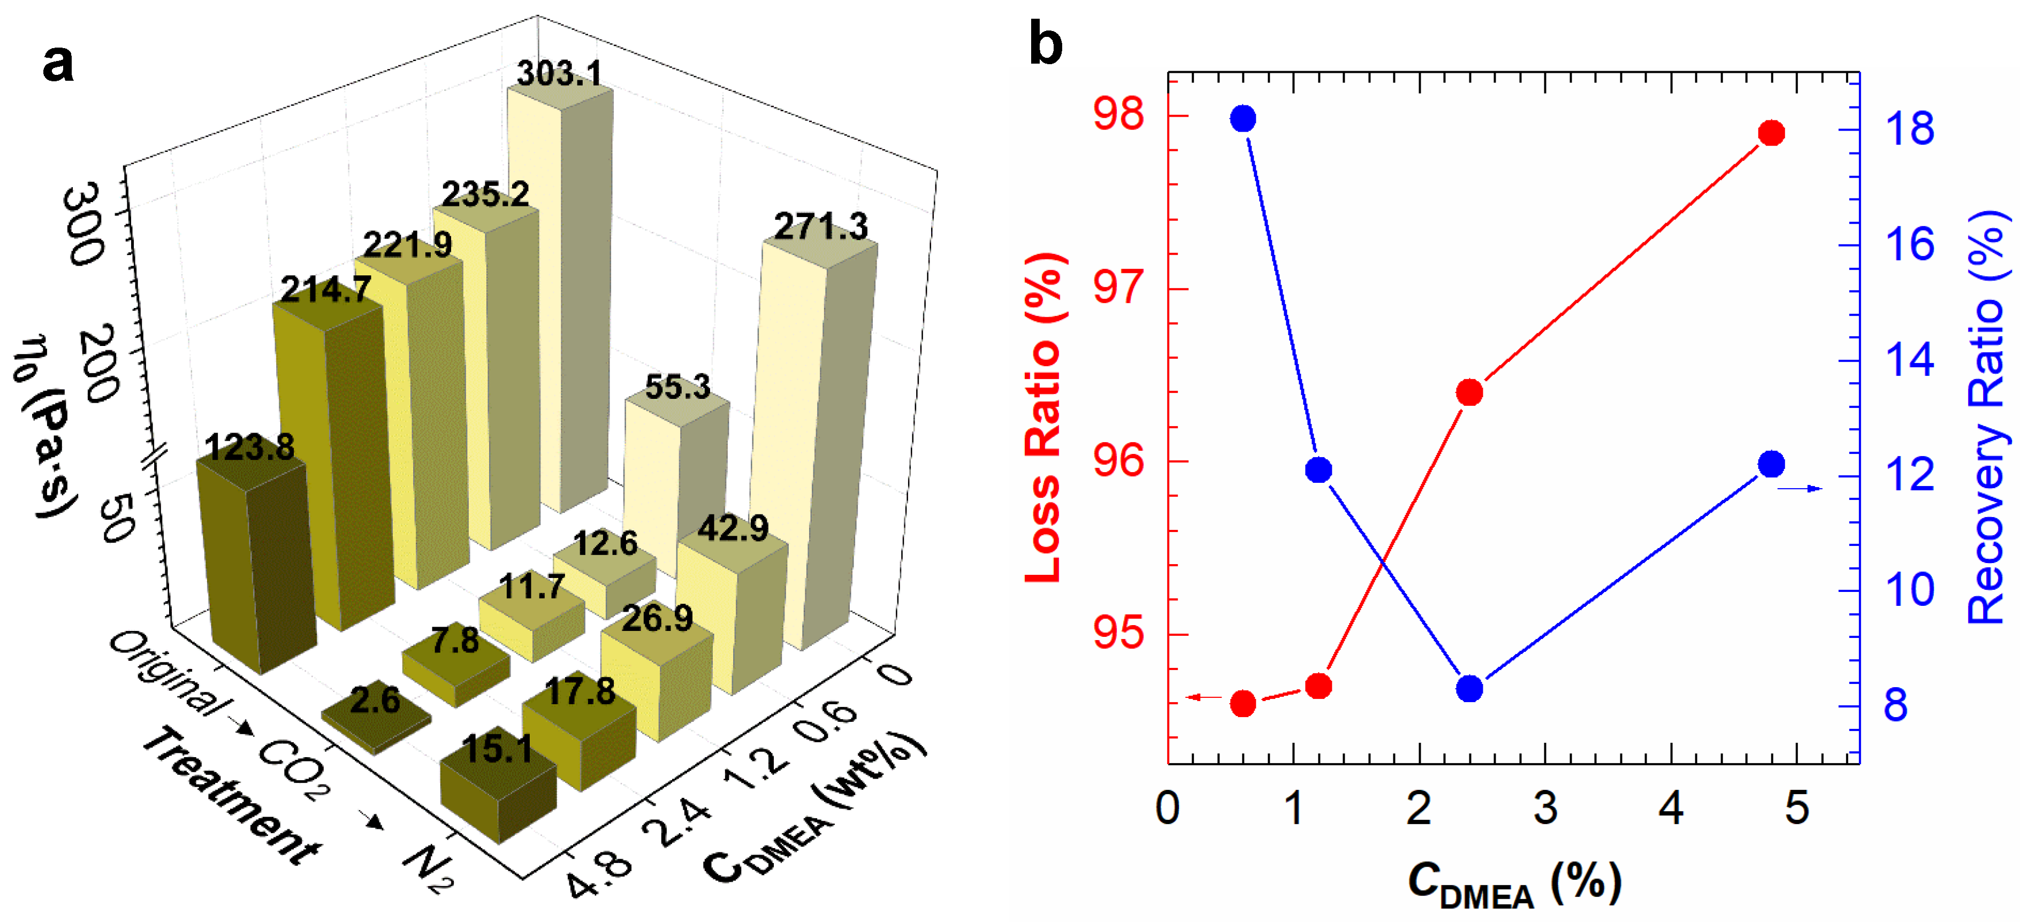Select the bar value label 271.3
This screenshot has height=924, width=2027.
[821, 227]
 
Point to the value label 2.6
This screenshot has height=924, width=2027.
[375, 700]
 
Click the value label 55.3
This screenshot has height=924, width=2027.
[677, 387]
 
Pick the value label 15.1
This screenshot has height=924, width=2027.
[497, 749]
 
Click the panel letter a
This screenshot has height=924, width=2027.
[58, 63]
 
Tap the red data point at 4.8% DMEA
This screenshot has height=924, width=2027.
[1771, 133]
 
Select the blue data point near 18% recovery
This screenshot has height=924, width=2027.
[1243, 120]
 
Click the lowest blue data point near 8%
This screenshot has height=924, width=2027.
[1469, 689]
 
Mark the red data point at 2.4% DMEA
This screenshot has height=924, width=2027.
[1469, 392]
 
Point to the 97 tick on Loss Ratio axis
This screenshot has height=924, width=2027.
[1118, 286]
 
